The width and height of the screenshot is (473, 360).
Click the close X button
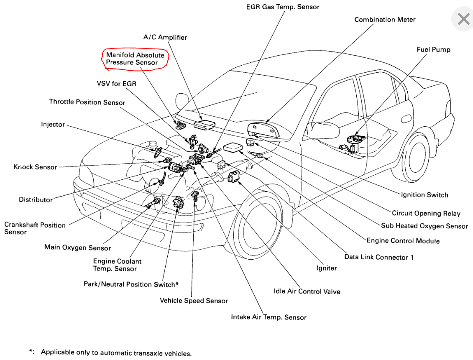click(463, 19)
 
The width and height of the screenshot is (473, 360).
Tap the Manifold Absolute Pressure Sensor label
click(135, 59)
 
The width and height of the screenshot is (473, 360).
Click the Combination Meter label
click(385, 20)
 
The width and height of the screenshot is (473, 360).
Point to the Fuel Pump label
click(433, 50)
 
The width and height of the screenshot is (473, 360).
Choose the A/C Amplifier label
click(165, 37)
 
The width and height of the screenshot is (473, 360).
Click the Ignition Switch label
click(424, 195)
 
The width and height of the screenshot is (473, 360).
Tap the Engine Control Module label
click(403, 241)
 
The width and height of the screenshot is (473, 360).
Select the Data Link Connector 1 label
click(378, 257)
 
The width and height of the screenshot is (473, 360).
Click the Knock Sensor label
click(35, 167)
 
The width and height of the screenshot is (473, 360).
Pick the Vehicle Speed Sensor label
click(194, 301)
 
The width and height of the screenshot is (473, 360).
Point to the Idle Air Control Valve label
click(307, 291)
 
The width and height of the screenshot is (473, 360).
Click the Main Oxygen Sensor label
click(77, 247)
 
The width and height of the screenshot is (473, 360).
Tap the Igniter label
click(326, 268)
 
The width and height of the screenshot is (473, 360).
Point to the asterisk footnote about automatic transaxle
click(110, 352)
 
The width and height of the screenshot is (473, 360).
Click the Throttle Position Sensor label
click(87, 102)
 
